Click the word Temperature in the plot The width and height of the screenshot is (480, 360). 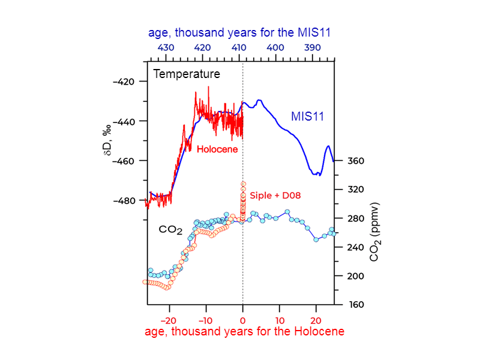coord(187,74)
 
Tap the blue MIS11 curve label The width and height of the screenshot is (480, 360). coord(307,116)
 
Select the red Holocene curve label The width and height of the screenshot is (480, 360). coord(217,149)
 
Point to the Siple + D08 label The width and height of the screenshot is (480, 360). coord(275,196)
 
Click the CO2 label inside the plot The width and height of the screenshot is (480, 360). coord(170,230)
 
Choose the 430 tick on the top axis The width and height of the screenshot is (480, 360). coord(166,47)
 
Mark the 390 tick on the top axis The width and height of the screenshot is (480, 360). coord(312,47)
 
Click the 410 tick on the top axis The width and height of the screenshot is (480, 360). coord(239,47)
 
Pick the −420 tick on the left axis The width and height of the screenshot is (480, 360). coord(128,82)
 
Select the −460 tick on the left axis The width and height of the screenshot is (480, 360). coord(128,161)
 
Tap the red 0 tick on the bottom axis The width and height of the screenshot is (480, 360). coord(242,319)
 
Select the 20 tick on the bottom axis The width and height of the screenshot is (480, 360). coord(316,319)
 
